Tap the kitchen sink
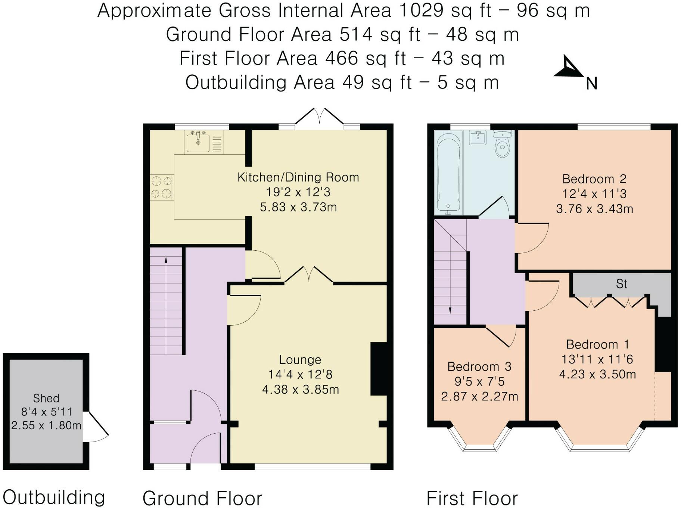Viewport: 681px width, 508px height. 198,141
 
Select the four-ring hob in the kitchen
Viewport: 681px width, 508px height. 161,187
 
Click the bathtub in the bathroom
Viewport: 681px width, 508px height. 448,174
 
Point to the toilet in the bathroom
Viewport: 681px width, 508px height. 503,144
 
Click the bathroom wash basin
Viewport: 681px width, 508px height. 478,137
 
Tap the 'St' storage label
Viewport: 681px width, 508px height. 622,284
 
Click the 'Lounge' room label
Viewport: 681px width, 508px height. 300,360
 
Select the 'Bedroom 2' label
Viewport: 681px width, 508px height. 594,179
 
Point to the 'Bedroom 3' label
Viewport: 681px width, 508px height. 479,366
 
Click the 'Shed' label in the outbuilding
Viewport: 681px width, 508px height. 46,398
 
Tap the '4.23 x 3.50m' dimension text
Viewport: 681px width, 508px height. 597,374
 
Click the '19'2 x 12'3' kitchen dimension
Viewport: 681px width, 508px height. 298,192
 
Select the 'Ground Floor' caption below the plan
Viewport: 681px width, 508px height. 202,498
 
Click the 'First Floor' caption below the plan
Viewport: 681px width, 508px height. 472,498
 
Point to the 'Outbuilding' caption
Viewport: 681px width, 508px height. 54,498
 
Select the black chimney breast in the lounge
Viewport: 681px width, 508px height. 379,369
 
